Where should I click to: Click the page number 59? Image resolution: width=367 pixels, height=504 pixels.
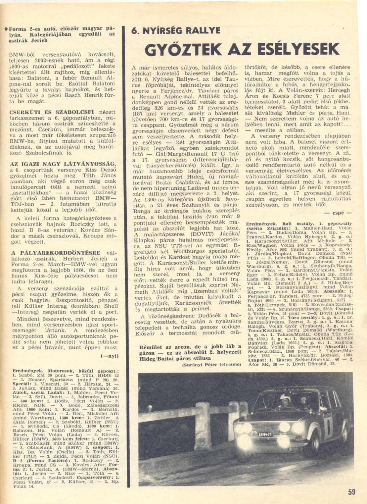(x=351, y=492)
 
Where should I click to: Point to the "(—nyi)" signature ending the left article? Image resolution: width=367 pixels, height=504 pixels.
(x=109, y=356)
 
